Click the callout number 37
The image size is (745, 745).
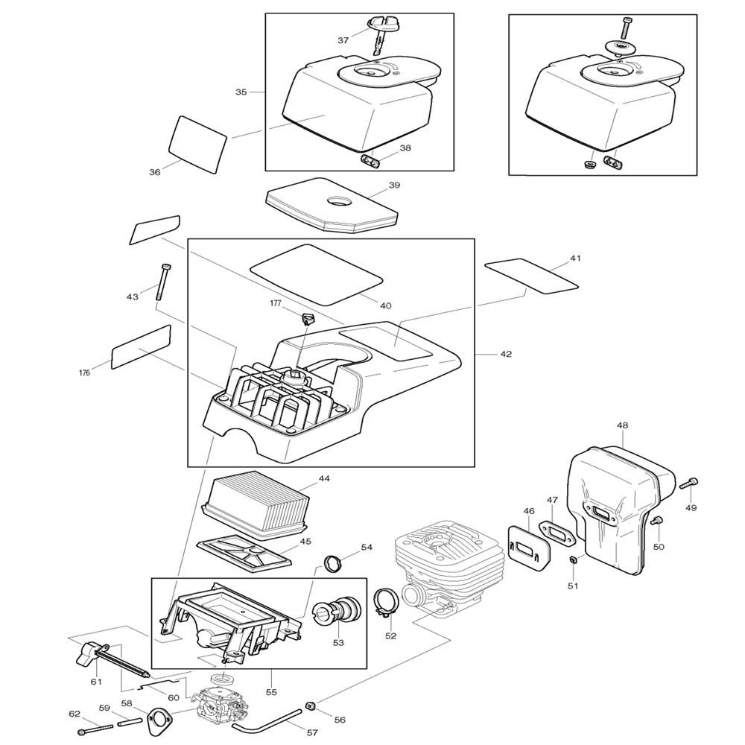[x=343, y=40]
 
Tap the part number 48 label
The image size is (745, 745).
[x=622, y=425]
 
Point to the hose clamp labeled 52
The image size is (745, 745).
[x=384, y=603]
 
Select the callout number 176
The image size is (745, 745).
[x=85, y=373]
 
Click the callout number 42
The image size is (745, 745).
[x=506, y=354]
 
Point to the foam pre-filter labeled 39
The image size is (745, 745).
[x=332, y=209]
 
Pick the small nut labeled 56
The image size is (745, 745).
[x=311, y=705]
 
